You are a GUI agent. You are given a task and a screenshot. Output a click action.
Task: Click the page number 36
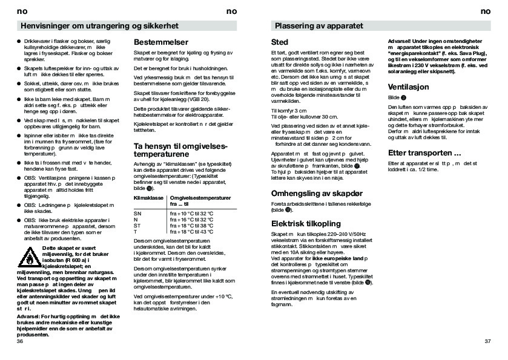tap(20, 342)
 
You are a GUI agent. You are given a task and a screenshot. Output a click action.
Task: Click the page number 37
tap(488, 342)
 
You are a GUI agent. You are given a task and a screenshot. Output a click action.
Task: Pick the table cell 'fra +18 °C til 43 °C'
tap(191, 232)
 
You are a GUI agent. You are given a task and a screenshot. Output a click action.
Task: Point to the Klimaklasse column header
tap(148, 198)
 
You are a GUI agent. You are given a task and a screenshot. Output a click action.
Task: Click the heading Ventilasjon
tap(408, 87)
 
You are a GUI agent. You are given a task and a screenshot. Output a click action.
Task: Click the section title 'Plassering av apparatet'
tap(318, 27)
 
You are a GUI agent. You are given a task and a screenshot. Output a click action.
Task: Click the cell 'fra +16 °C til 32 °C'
tap(191, 220)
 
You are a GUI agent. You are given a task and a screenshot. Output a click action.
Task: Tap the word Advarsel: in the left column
tap(28, 316)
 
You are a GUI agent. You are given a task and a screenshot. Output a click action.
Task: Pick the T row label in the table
tap(136, 232)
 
